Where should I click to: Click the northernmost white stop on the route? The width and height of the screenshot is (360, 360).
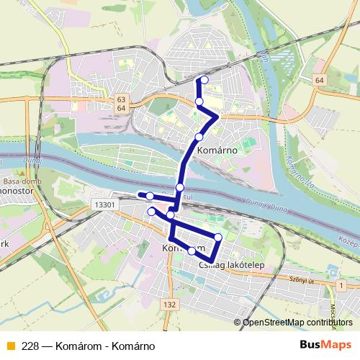[204, 80]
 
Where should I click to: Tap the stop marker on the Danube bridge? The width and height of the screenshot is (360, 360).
[180, 187]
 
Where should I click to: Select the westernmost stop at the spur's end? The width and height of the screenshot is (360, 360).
[149, 196]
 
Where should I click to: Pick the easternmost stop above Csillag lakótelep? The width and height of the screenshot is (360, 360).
[218, 236]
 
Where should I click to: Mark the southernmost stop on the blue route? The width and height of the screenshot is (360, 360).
[192, 251]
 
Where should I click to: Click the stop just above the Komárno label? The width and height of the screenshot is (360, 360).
[199, 137]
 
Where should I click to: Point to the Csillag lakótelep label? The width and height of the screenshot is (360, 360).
[231, 265]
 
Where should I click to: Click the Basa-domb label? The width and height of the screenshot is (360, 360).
[17, 182]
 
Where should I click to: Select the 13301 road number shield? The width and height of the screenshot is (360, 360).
[105, 205]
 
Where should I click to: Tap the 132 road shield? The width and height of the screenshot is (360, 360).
[170, 305]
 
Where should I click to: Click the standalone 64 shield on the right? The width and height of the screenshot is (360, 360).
[320, 79]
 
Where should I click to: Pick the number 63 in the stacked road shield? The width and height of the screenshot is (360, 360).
[121, 100]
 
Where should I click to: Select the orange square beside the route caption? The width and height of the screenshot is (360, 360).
[9, 345]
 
